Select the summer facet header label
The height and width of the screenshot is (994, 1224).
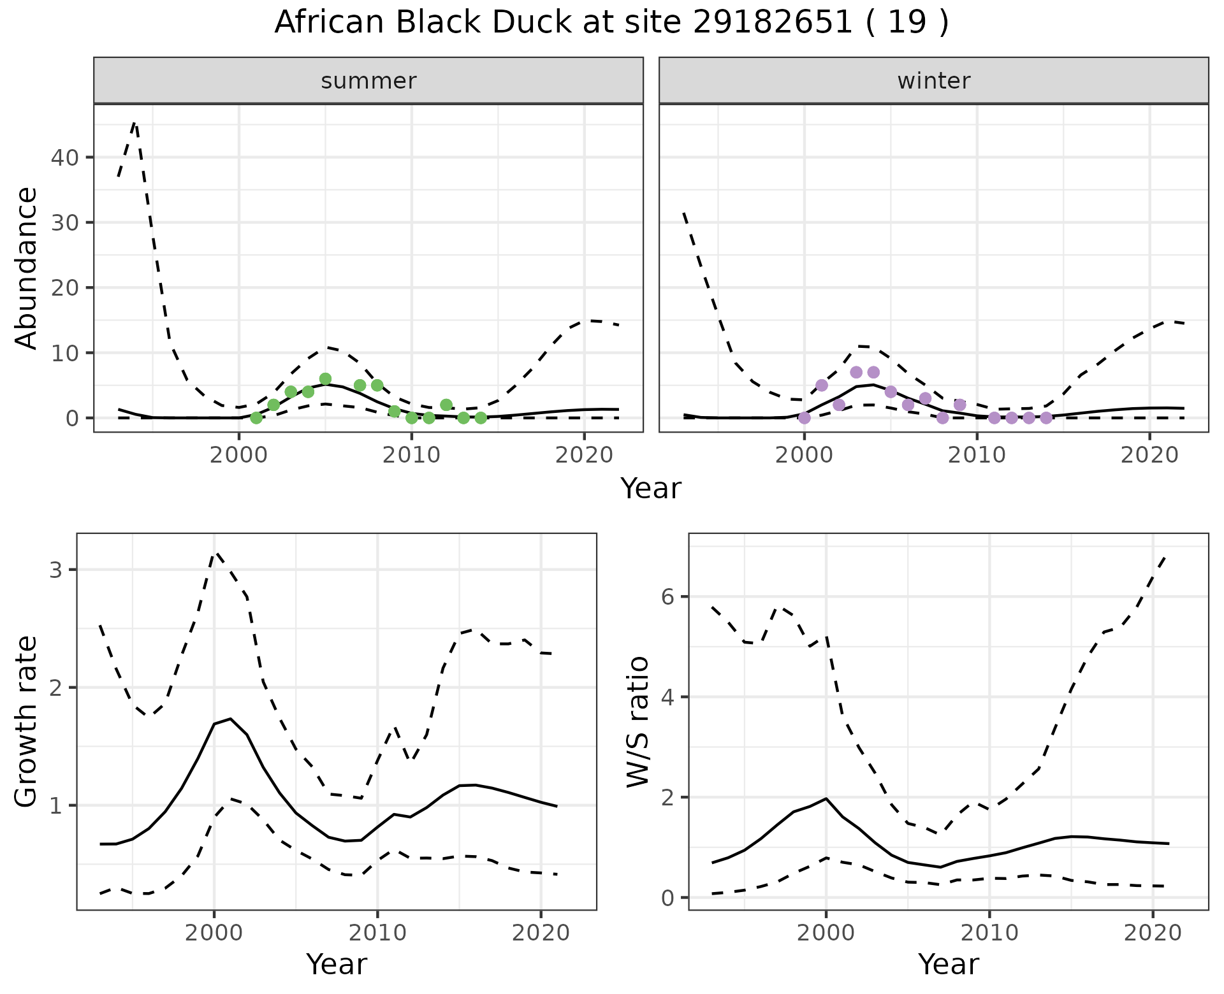pyautogui.click(x=368, y=81)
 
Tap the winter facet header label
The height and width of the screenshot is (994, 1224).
pyautogui.click(x=933, y=81)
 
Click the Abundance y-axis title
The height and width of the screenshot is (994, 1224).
pyautogui.click(x=27, y=268)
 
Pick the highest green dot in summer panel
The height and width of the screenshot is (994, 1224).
pyautogui.click(x=325, y=379)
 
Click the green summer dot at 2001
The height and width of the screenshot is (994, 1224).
pyautogui.click(x=256, y=418)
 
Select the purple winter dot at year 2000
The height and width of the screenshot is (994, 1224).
pyautogui.click(x=805, y=418)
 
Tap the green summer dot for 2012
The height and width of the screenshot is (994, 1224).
pyautogui.click(x=446, y=405)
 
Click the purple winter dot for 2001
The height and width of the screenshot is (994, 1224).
pyautogui.click(x=822, y=385)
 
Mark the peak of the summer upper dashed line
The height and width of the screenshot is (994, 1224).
pyautogui.click(x=135, y=122)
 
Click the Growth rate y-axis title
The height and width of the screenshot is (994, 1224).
pyautogui.click(x=27, y=721)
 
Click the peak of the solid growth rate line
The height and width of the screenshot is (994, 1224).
pyautogui.click(x=230, y=719)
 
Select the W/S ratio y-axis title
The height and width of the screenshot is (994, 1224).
pyautogui.click(x=637, y=721)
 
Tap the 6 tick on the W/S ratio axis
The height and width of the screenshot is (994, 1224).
pyautogui.click(x=668, y=597)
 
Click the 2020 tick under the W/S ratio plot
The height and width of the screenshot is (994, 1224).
pyautogui.click(x=1153, y=933)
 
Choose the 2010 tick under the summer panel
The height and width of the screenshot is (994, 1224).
pyautogui.click(x=411, y=456)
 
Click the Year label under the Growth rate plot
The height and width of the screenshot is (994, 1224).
pyautogui.click(x=337, y=965)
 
